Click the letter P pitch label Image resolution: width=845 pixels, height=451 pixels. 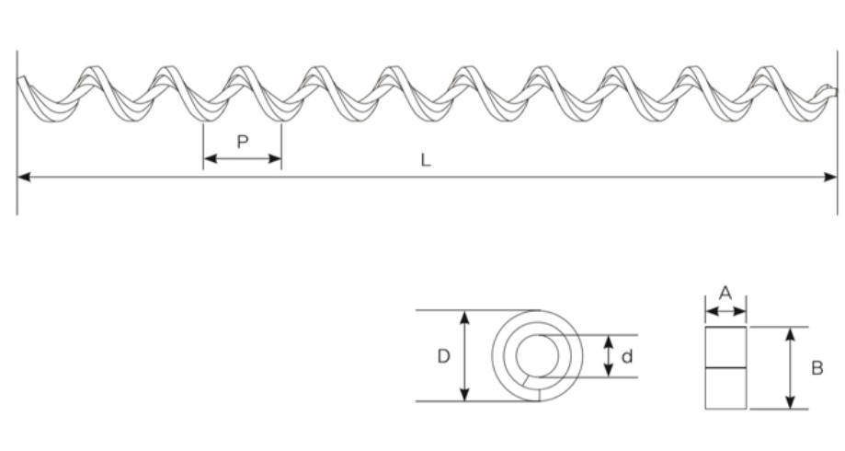[242, 142]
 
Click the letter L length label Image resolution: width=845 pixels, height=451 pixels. [426, 159]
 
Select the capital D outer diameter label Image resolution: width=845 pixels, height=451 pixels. [443, 356]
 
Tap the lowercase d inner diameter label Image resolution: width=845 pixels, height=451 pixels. [627, 356]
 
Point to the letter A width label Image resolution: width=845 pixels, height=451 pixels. [725, 294]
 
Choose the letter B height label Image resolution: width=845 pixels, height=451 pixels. [816, 368]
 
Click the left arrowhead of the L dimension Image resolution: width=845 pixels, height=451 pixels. [23, 177]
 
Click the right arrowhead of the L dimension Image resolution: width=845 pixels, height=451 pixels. [831, 177]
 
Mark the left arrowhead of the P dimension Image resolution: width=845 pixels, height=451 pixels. [209, 158]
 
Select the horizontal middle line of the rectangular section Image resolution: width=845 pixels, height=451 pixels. [725, 368]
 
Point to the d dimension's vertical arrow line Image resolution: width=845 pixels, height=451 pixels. [607, 356]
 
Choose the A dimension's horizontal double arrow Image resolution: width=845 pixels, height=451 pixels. [725, 312]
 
